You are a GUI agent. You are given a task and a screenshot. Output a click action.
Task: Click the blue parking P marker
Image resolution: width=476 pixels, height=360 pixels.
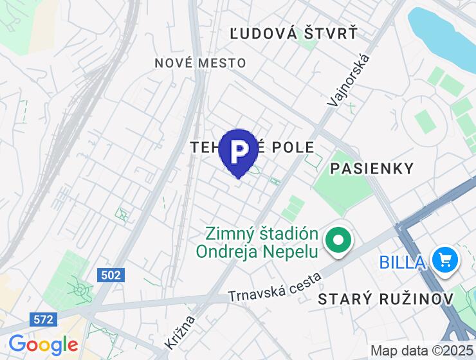[x=238, y=152]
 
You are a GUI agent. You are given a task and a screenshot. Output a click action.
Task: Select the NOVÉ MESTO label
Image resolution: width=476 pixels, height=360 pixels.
[x=200, y=63]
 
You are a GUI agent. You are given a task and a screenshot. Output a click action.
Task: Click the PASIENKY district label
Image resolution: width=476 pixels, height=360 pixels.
[x=371, y=168]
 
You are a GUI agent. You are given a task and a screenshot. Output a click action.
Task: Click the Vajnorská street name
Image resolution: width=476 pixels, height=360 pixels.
[x=349, y=80]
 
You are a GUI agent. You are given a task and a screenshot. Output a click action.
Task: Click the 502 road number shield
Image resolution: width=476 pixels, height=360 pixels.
[x=111, y=275]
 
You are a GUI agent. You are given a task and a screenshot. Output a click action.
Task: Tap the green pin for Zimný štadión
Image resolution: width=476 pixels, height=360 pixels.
[x=338, y=242]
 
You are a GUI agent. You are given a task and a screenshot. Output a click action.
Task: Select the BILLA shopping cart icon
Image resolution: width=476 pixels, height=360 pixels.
[x=444, y=260]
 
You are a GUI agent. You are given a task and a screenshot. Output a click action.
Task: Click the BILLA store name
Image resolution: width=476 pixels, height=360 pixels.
[x=402, y=262]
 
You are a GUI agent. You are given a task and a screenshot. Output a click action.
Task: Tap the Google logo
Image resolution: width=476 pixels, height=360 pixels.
[x=42, y=345]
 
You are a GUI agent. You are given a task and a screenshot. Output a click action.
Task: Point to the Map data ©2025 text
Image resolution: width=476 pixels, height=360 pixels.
[x=421, y=351]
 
